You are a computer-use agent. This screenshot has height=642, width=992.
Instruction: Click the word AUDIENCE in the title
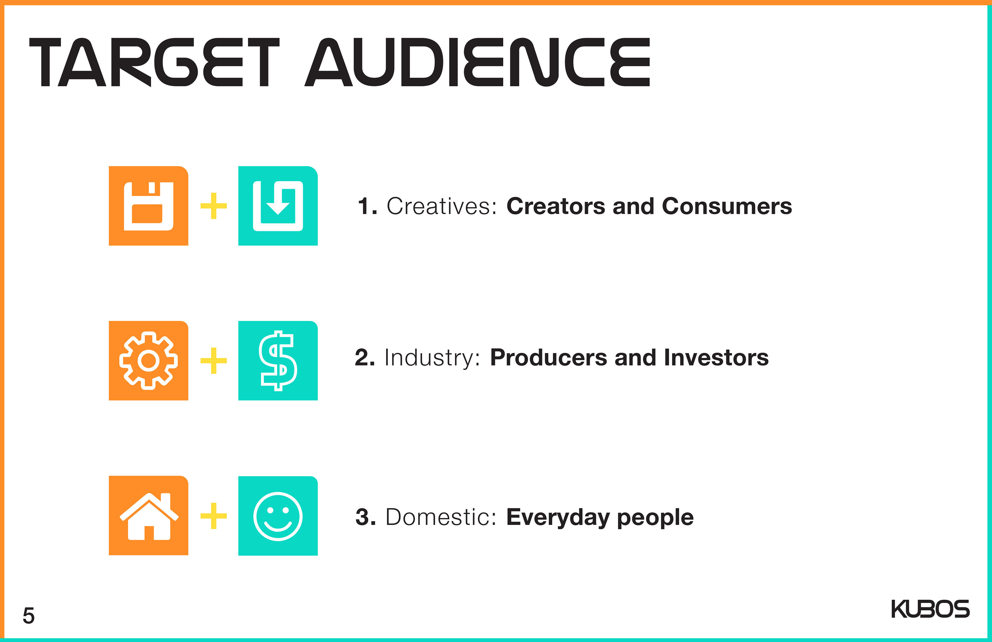point(477,62)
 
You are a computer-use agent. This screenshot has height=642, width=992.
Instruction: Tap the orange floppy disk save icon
point(148,206)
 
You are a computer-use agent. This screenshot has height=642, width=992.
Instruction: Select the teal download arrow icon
point(278,206)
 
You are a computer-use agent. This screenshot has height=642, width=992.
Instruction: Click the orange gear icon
point(148,361)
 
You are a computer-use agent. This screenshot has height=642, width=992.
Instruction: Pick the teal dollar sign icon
point(278,361)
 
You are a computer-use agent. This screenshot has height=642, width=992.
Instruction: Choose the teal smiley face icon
point(278,516)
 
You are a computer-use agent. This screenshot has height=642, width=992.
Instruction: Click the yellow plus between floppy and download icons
point(213,206)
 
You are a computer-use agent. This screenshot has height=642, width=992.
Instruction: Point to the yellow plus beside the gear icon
point(213,361)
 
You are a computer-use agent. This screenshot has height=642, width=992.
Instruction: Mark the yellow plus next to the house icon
point(213,516)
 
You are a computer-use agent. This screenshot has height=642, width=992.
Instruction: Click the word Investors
point(716,358)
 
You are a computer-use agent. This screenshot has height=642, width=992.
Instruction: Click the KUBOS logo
point(930,609)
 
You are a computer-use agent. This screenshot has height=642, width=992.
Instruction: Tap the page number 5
point(28,616)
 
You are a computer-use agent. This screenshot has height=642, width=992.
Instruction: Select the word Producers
point(548,358)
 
